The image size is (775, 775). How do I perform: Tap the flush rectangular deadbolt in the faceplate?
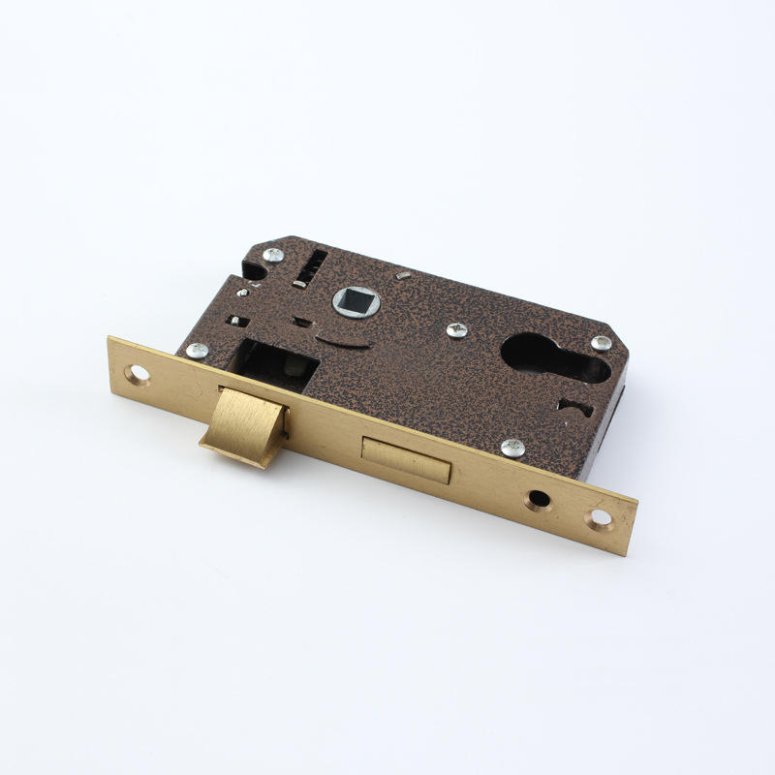(x=406, y=460)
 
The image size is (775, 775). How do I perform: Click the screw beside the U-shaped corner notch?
(x=274, y=256)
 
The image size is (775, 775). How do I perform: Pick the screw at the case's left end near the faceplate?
(x=197, y=351)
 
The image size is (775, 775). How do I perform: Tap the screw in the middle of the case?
(x=457, y=330)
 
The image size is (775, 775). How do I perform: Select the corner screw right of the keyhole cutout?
(x=601, y=343)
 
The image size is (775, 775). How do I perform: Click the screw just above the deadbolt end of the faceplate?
(x=512, y=448)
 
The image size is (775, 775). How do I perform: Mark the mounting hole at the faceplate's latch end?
(x=139, y=373)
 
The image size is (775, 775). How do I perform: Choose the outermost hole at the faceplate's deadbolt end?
(x=601, y=518)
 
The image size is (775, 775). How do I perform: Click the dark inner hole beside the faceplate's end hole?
(x=538, y=501)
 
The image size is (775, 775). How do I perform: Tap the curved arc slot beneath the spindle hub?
(x=340, y=341)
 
